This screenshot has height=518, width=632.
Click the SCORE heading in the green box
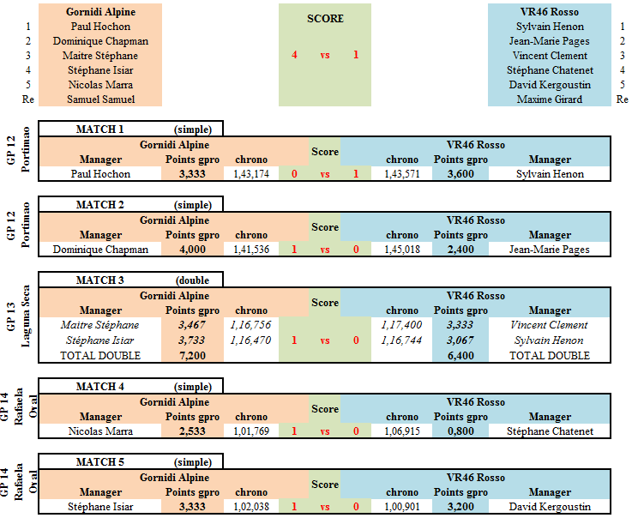tap(325, 19)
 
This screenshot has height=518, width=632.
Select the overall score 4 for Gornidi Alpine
tap(295, 55)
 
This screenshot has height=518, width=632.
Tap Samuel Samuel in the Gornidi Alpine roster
tap(101, 99)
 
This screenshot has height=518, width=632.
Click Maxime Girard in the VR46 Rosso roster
tap(550, 99)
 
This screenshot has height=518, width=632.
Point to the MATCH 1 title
tap(99, 129)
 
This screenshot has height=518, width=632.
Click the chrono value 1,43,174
tap(251, 174)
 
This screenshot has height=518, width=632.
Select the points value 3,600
tap(460, 174)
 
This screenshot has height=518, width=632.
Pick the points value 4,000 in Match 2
tap(192, 250)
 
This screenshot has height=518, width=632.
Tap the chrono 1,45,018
tap(402, 250)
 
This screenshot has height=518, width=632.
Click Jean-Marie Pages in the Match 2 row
tap(550, 250)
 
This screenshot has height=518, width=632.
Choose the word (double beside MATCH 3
tap(192, 280)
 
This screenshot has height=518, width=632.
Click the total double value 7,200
tap(192, 356)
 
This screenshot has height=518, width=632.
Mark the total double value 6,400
tap(460, 356)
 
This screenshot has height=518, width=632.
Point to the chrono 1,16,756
tap(250, 325)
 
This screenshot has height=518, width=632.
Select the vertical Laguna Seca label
tap(26, 316)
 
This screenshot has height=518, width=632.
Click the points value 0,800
tap(460, 431)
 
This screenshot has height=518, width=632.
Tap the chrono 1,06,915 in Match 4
tap(402, 431)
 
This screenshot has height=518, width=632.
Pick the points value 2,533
tap(192, 431)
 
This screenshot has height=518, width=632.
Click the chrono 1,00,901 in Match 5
tap(402, 507)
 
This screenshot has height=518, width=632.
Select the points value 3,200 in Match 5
tap(460, 507)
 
